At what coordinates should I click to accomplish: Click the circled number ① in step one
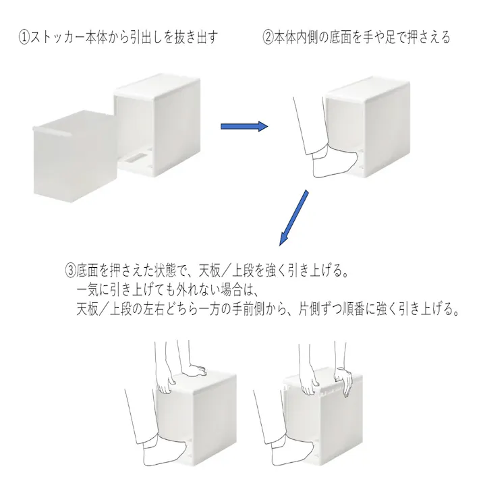24,38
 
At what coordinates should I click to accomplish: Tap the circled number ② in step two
268,38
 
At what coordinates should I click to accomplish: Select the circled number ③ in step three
70,271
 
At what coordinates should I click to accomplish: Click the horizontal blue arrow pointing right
244,126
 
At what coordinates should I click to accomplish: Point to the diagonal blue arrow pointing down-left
293,218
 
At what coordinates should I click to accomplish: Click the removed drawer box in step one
74,157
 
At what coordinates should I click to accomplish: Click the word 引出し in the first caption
141,38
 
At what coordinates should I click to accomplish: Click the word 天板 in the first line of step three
210,271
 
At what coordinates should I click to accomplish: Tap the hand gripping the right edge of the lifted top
344,382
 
